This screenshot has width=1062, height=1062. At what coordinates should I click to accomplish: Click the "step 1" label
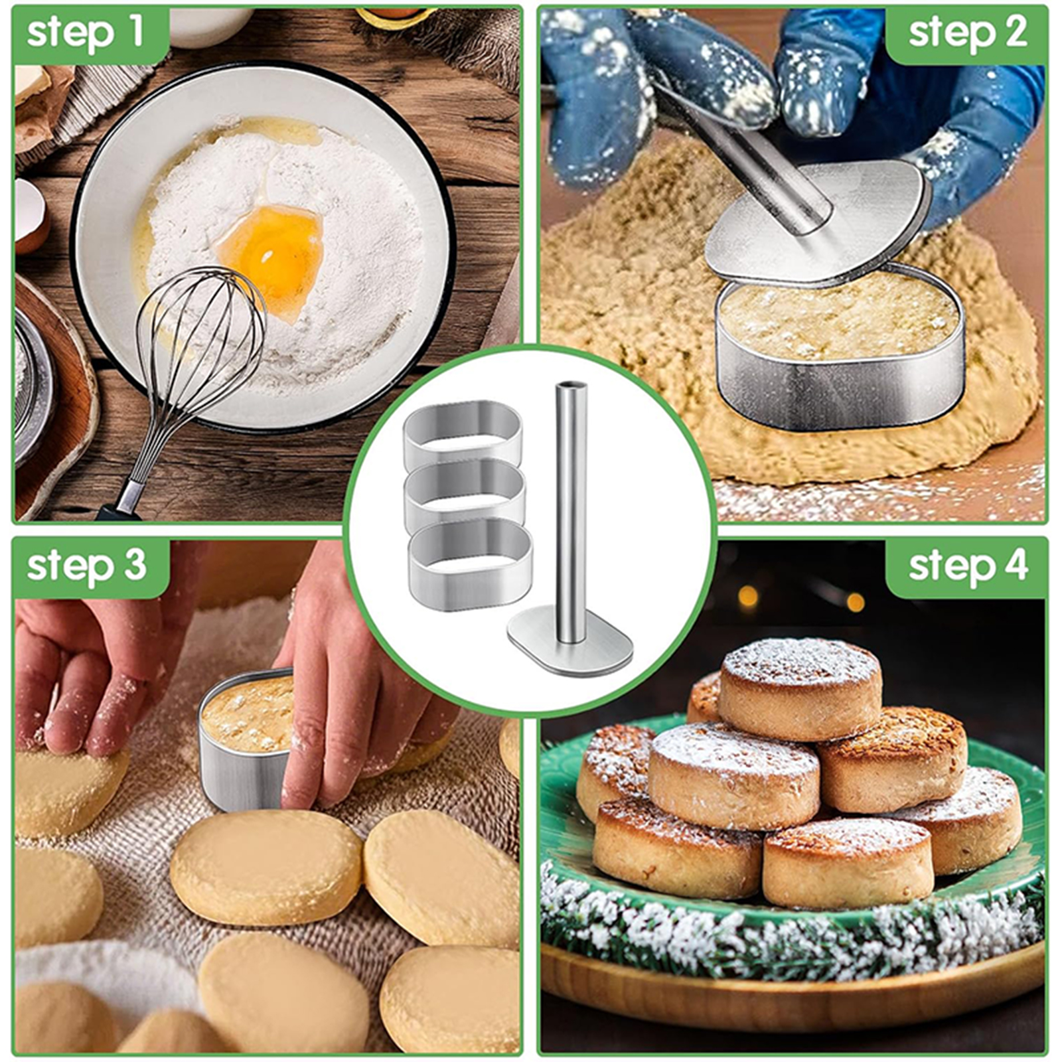86,33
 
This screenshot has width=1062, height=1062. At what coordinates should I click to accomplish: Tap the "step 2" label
968,33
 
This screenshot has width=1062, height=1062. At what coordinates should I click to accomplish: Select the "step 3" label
86,566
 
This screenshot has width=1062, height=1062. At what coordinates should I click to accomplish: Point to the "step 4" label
968,566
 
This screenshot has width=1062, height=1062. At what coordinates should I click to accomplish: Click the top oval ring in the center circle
463,433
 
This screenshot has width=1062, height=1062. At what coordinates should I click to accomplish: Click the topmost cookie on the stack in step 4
802,687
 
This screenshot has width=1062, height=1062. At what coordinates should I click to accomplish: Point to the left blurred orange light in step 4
748,595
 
